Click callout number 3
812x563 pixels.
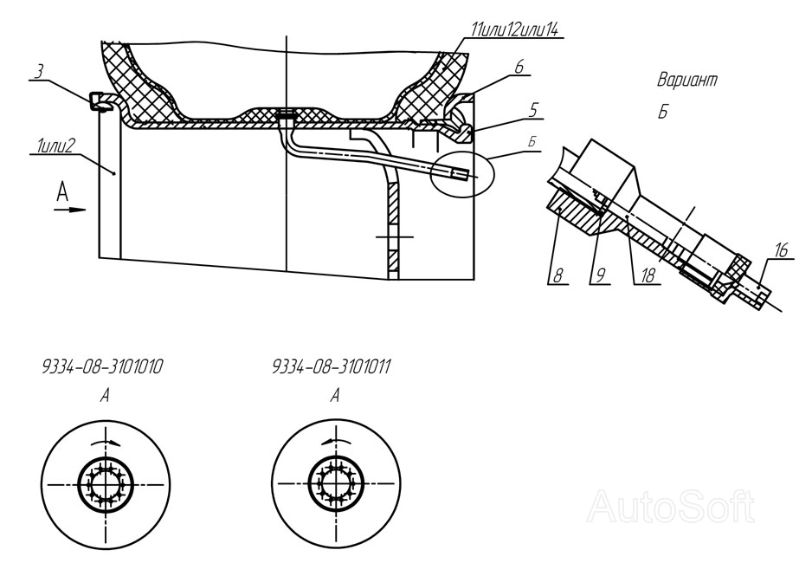pos(39,72)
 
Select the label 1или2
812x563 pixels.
pos(55,146)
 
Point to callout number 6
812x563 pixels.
pos(519,68)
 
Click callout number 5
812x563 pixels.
pos(533,110)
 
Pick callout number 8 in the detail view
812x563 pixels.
pos(557,275)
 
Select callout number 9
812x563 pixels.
pos(601,275)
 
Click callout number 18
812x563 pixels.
pos(648,275)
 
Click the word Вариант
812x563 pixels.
pos(687,81)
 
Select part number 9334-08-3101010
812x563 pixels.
pos(102,366)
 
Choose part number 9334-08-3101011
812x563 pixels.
pos(332,366)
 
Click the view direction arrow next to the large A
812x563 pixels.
pos(69,210)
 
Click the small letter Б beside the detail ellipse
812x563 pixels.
pos(532,142)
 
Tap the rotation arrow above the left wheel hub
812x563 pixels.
pos(106,442)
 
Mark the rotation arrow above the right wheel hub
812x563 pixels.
pos(336,441)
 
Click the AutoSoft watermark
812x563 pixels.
pos(671,507)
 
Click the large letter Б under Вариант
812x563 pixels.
pos(663,112)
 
